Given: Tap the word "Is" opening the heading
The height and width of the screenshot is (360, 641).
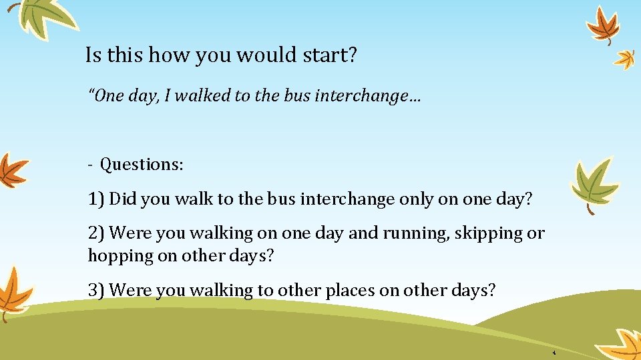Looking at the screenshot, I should click(x=93, y=55).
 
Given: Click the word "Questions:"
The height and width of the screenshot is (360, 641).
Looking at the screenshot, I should click(x=142, y=164).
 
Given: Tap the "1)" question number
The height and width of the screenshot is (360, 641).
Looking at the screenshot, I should click(x=96, y=199).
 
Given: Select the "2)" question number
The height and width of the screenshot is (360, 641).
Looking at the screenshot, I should click(x=96, y=233).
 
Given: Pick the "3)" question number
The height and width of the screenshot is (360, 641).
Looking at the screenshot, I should click(x=96, y=291).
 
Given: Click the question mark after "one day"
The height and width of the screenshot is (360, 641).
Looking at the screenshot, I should click(x=529, y=199).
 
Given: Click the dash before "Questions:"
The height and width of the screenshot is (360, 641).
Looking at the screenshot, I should click(x=90, y=165).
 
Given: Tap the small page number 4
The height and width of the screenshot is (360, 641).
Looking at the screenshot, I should click(x=554, y=351).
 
